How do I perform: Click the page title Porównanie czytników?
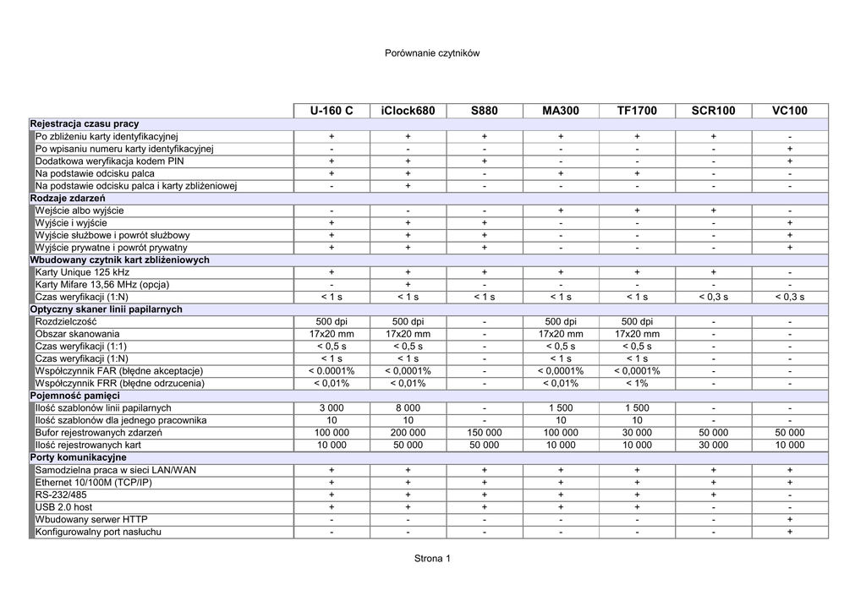point(432,53)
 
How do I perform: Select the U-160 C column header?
point(332,111)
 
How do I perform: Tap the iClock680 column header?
point(408,111)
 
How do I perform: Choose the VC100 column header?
point(790,111)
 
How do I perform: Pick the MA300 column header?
point(561,111)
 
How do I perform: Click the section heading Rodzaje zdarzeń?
point(63,198)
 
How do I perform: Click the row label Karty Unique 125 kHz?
point(83,272)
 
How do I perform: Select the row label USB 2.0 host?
point(64,507)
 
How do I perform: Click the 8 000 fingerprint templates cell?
point(408,408)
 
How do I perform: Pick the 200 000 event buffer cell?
point(408,433)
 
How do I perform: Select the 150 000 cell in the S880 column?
point(485,433)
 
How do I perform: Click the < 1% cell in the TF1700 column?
point(637,383)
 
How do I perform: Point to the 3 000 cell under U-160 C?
point(332,408)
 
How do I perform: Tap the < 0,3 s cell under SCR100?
point(714,297)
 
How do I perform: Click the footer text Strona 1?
point(432,559)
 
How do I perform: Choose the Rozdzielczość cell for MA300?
point(561,321)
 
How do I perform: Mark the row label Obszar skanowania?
point(78,334)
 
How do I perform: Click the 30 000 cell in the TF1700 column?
point(637,433)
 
